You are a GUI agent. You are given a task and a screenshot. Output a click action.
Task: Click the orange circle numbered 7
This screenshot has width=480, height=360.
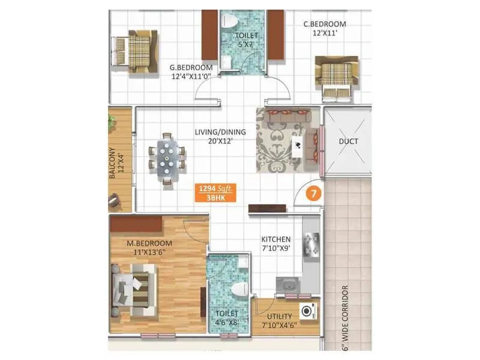312,194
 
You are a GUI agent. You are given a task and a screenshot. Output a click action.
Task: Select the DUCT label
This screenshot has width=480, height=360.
348,142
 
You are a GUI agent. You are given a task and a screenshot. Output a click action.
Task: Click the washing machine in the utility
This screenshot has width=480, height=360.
307,311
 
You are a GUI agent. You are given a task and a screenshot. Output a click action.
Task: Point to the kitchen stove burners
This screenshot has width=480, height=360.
311,244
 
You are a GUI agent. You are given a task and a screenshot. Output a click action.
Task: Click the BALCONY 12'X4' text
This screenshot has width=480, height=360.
117,167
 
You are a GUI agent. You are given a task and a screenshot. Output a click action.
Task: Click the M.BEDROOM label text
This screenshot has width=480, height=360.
149,243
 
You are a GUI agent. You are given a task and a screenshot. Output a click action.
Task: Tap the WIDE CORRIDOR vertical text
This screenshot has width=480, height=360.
346,318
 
